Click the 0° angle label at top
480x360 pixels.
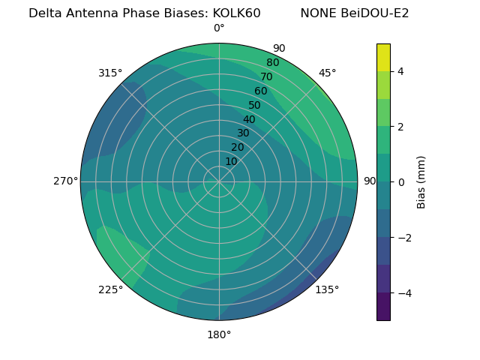tap(219, 28)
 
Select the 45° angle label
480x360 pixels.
tap(327, 73)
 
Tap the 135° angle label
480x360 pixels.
tap(327, 289)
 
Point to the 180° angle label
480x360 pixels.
tap(219, 334)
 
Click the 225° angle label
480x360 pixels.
tap(110, 289)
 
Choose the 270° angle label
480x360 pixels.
tap(65, 181)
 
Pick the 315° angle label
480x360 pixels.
tap(110, 73)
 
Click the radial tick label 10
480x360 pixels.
tap(231, 161)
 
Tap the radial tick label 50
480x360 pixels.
tap(255, 106)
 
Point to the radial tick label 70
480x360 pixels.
tap(267, 77)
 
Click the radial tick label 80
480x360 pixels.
tap(273, 63)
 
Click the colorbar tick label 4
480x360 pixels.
tap(401, 71)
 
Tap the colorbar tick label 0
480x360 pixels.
tap(401, 182)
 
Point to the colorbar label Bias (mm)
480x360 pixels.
tap(421, 182)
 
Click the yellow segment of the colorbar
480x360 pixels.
tap(384, 58)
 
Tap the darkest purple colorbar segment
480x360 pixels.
tap(384, 307)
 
